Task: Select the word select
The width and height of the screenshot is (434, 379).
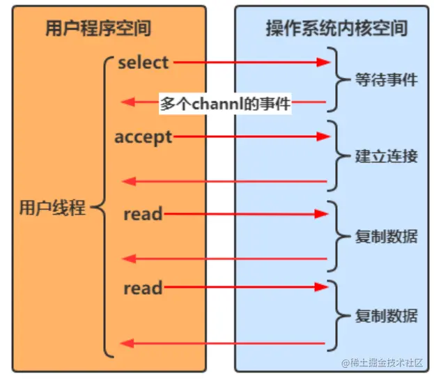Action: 144,62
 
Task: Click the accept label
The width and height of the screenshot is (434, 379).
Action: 143,137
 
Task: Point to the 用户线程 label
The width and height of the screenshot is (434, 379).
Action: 53,208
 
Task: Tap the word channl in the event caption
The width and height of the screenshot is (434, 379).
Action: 217,104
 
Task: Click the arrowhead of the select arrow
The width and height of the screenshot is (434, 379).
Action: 322,62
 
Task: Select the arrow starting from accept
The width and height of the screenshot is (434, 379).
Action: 247,137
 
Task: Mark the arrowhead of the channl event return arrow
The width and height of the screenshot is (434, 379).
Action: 127,103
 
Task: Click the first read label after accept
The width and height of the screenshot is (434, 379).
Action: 143,213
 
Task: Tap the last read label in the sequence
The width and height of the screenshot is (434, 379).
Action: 143,287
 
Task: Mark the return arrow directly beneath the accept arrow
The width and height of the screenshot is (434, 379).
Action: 223,182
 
